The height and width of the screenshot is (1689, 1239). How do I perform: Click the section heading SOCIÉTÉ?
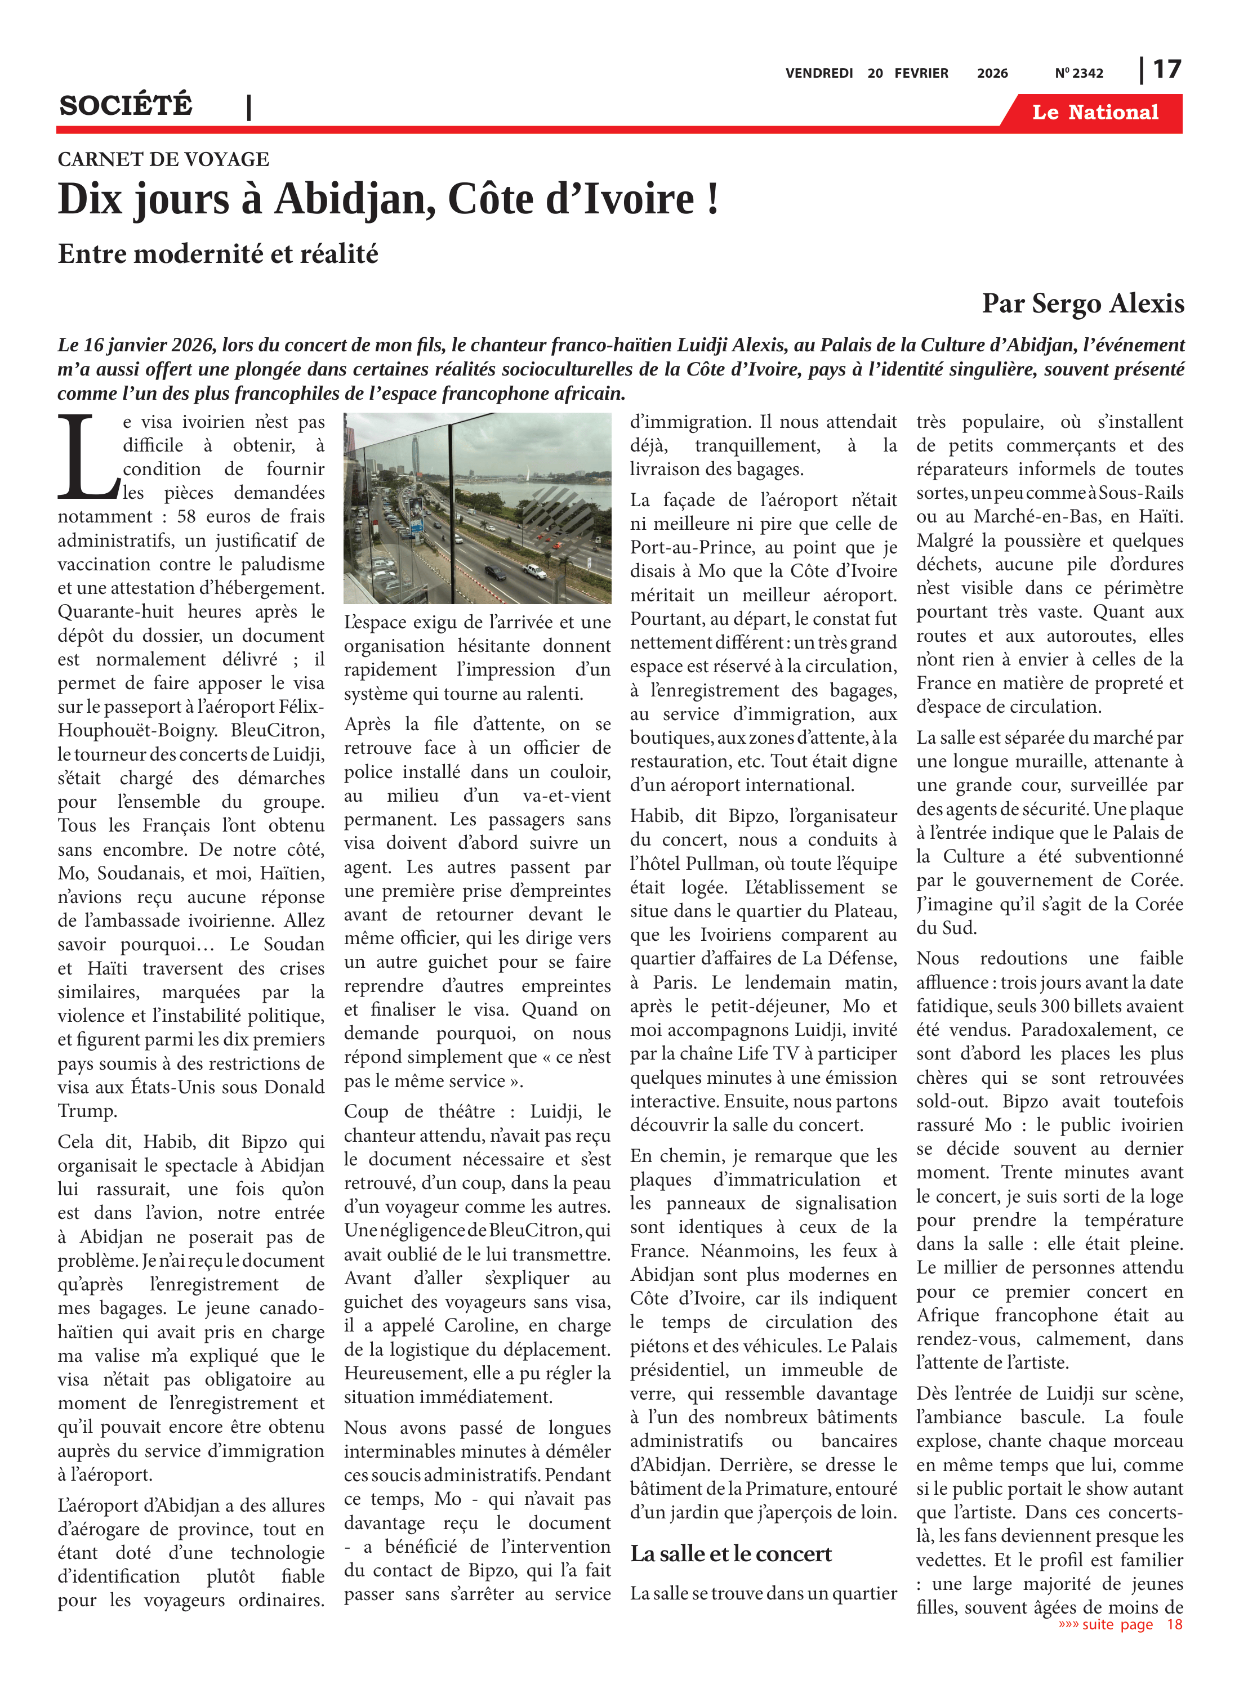click(x=126, y=106)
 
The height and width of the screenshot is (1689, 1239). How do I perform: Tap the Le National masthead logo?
click(x=1094, y=113)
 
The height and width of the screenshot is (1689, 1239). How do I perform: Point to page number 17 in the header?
click(x=1166, y=70)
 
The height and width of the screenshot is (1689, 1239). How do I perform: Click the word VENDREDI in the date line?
click(x=819, y=73)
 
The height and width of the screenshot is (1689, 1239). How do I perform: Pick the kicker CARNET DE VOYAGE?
click(x=163, y=159)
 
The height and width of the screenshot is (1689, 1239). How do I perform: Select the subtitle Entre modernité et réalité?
click(x=217, y=254)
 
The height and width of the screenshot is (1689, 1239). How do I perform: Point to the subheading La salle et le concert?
click(x=730, y=1554)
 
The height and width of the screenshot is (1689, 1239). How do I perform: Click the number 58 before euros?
click(x=187, y=516)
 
